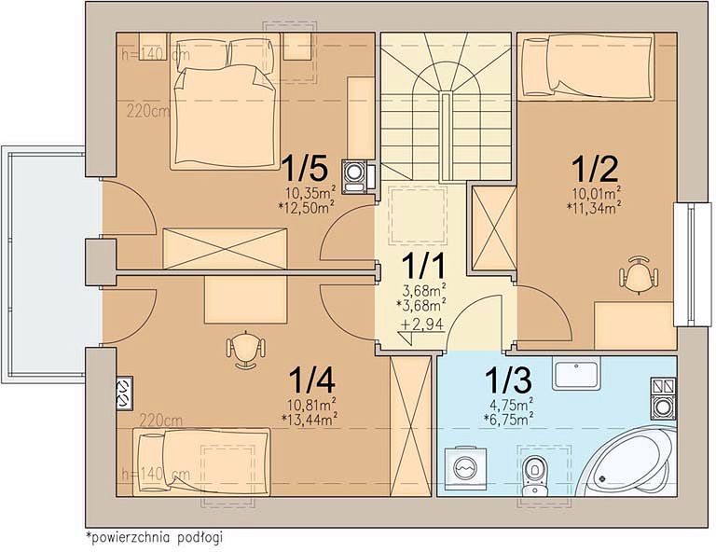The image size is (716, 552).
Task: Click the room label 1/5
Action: point(306,168)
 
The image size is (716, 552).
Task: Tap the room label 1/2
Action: point(595,168)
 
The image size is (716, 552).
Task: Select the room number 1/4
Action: point(312,380)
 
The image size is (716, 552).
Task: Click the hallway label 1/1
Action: point(423,266)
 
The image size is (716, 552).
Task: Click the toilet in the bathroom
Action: point(533,476)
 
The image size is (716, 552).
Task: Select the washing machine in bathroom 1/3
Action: point(465,469)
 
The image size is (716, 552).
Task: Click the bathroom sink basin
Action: point(576,373)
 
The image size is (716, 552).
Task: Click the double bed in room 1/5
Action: point(225,101)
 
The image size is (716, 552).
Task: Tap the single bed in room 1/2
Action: point(585,66)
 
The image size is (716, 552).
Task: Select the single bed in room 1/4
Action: point(201,462)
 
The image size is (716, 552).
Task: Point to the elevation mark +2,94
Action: point(422,324)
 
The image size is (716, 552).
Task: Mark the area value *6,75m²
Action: point(509,420)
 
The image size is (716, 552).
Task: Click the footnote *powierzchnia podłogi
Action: point(154,537)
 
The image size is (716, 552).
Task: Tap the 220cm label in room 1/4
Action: point(161,420)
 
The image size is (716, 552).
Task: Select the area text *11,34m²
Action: point(594,208)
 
